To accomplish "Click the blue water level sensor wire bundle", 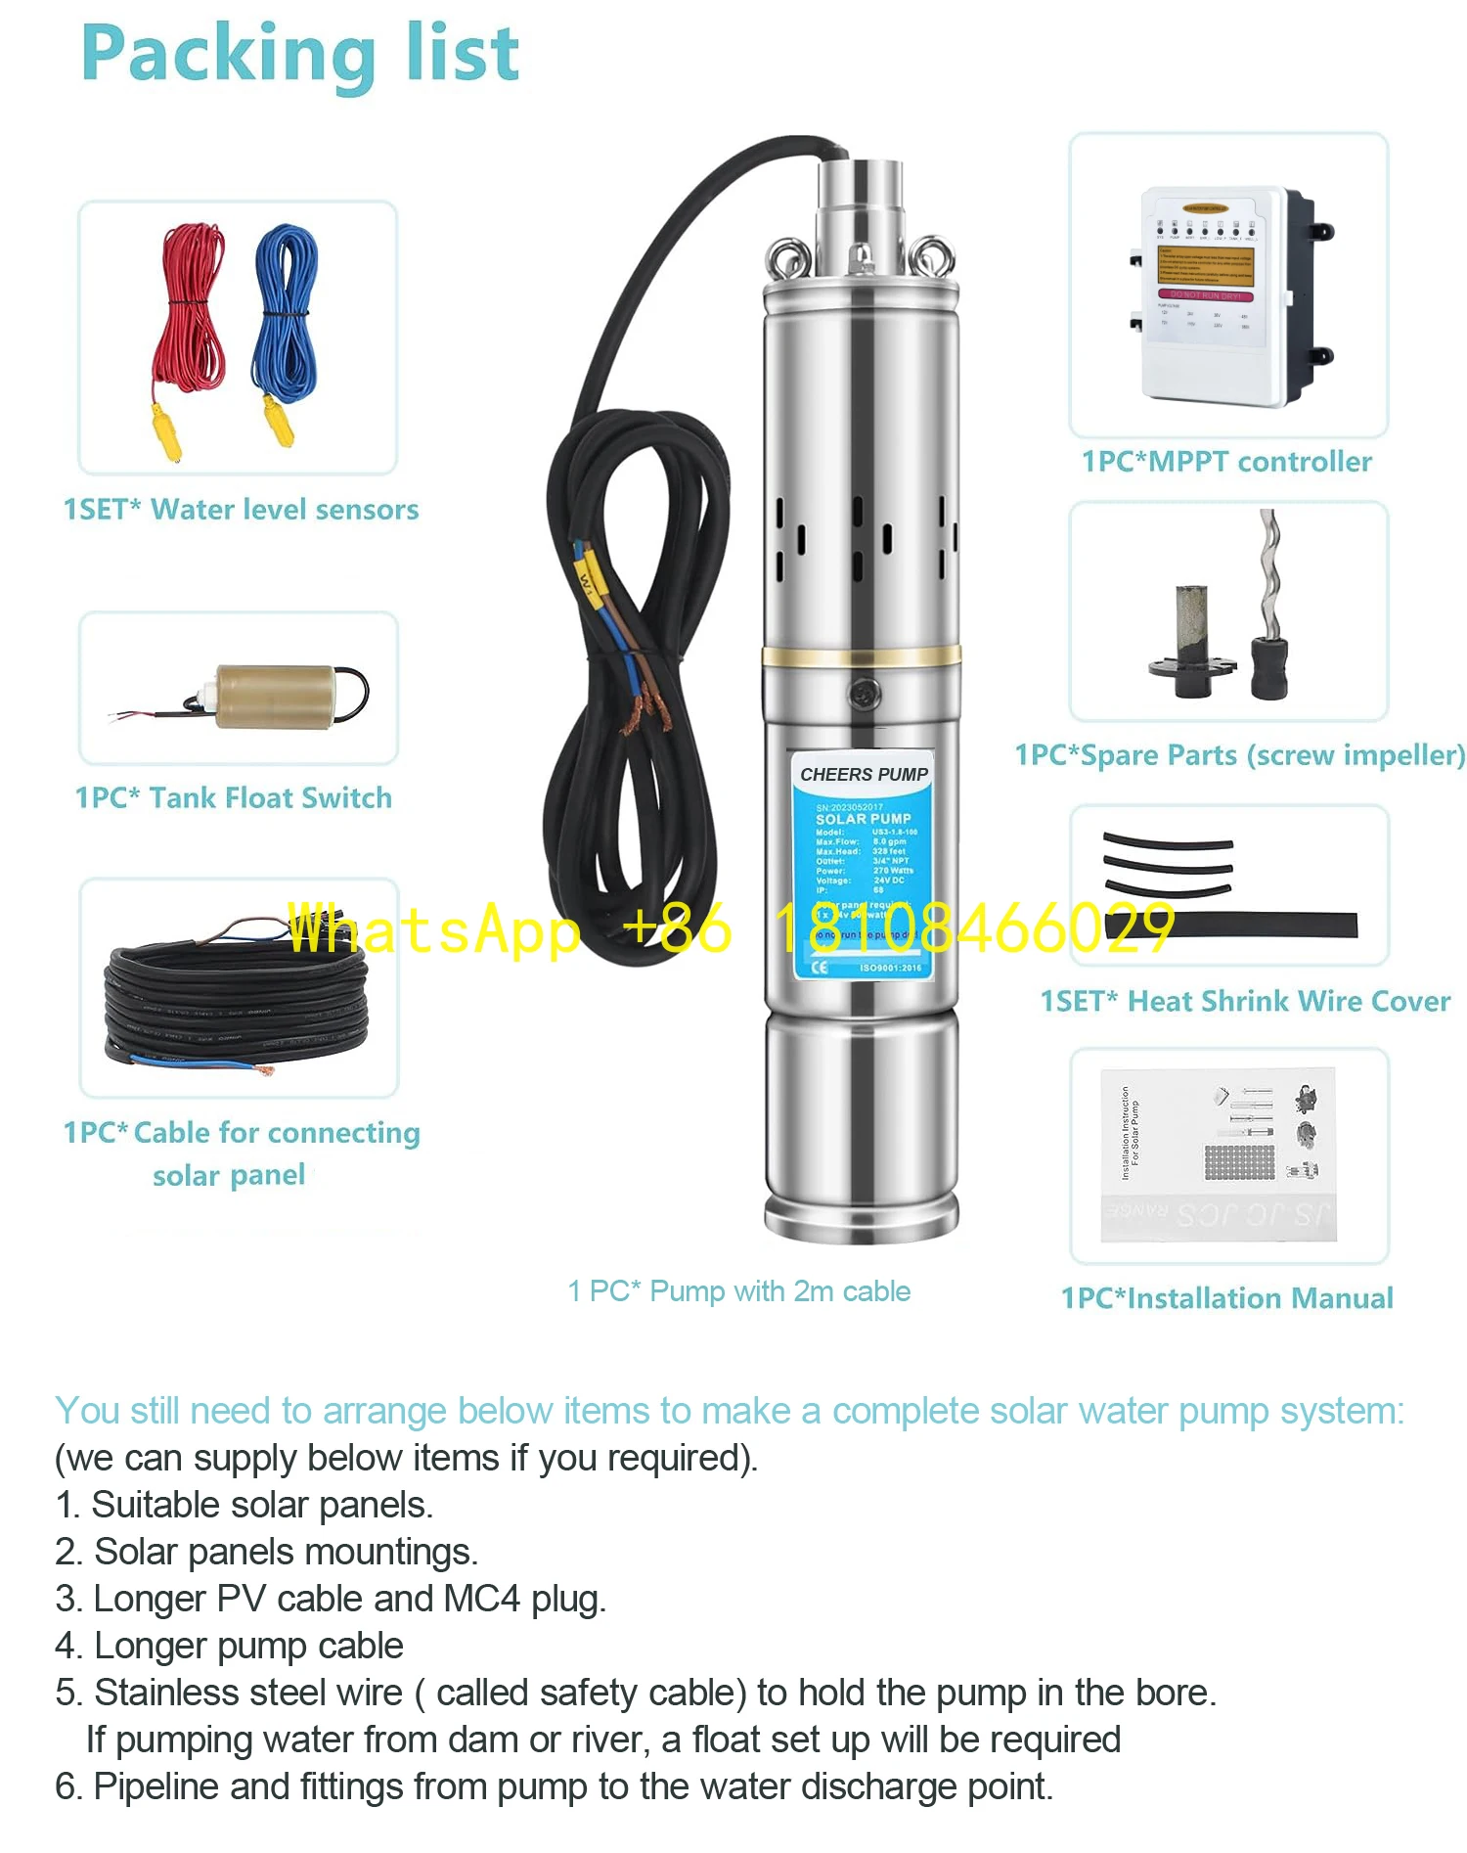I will pos(286,313).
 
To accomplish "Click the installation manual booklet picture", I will pos(1218,1154).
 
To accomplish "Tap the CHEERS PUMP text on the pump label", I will pos(864,774).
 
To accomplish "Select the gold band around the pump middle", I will pos(861,656).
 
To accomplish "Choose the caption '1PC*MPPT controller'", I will pos(1226,462).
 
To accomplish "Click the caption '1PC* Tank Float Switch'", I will pos(234,798).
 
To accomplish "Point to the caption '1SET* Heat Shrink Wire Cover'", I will pos(1245,1002).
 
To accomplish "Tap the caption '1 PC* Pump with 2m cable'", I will pos(739,1291).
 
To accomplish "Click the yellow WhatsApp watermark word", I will pos(434,928).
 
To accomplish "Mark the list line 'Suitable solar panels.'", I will pos(262,1505).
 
